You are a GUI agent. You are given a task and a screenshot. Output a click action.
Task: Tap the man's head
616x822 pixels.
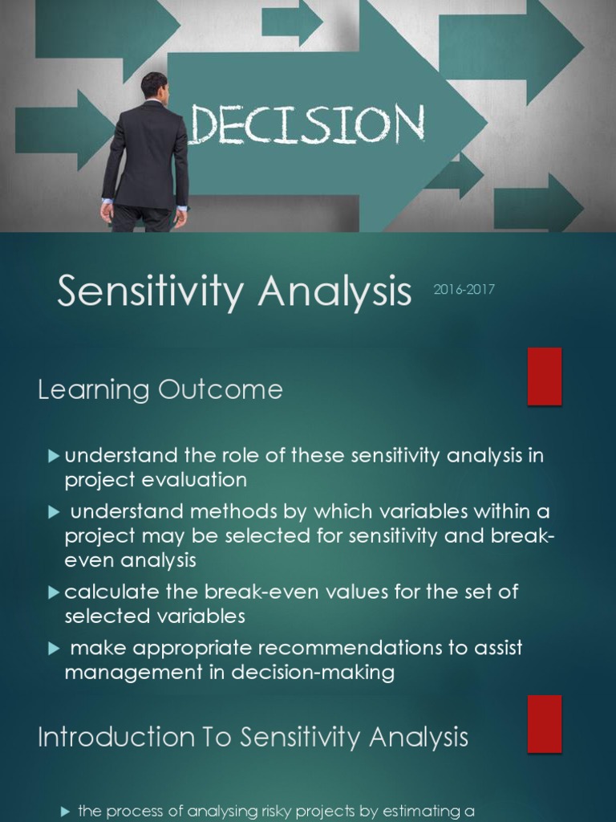point(154,87)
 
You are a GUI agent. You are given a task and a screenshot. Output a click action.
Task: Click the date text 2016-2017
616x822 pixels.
point(464,290)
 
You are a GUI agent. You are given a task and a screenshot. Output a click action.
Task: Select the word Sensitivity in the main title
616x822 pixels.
point(149,293)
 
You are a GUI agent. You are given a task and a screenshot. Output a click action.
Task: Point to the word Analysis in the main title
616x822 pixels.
point(334,293)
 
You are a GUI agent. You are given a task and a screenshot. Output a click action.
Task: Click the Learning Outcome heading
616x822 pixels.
point(160,390)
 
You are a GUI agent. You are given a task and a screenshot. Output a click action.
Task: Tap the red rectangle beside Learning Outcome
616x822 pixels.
point(545,376)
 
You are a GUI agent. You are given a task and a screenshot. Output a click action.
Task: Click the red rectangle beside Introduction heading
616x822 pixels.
point(545,724)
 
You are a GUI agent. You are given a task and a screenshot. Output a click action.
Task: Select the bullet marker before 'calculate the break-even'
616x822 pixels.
point(54,592)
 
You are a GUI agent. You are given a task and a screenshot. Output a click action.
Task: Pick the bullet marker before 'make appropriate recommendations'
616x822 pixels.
point(54,648)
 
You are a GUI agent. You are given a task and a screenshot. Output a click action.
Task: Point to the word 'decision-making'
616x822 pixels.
point(313,672)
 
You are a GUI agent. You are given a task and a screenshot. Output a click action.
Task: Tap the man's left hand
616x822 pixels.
point(107,213)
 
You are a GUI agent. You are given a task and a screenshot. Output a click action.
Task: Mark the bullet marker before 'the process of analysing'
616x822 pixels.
point(67,812)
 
